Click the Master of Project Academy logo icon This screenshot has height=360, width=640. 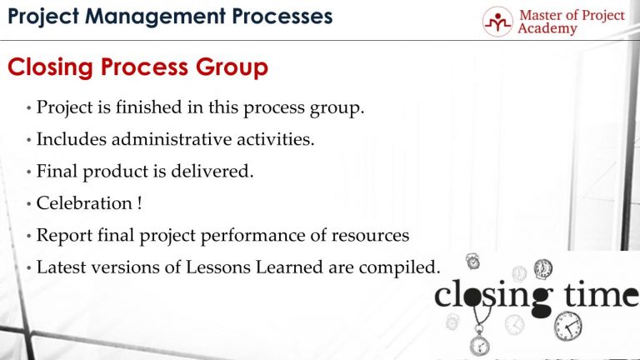tap(497, 22)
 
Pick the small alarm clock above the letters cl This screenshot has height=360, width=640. tap(473, 262)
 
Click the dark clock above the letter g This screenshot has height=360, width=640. tap(543, 268)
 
